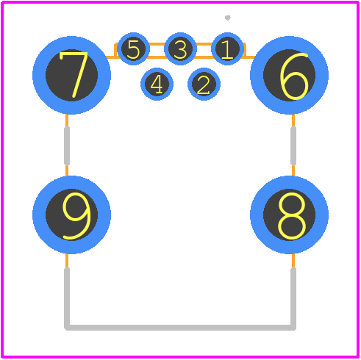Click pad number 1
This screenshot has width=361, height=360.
point(227,48)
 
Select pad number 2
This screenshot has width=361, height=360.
point(204,84)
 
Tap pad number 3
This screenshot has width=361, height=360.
point(180,48)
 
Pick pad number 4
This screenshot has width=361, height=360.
point(157,84)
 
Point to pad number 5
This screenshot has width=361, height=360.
point(133,48)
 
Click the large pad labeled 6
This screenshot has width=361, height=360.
point(289,75)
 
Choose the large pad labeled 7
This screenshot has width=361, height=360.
point(71,75)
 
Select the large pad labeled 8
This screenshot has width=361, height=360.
point(289,215)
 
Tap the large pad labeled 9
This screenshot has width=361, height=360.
point(71,215)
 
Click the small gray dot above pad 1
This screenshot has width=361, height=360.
point(228,18)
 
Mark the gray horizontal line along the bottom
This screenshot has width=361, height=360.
point(180,328)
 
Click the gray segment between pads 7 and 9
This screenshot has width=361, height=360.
point(67,145)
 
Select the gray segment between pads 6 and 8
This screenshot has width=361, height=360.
point(293,145)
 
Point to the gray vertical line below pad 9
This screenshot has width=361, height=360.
point(67,298)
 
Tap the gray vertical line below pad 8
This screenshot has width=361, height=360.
point(293,298)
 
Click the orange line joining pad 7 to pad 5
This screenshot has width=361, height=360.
point(112,57)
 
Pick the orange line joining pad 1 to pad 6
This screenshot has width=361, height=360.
point(249,57)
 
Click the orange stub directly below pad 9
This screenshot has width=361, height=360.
point(67,261)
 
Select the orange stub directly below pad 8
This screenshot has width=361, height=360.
point(293,261)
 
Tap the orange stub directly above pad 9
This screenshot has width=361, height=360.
point(67,170)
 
